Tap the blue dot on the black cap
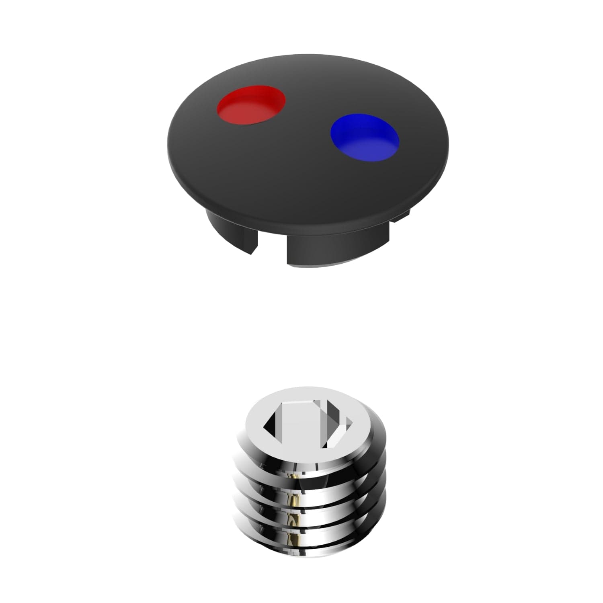point(365,137)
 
